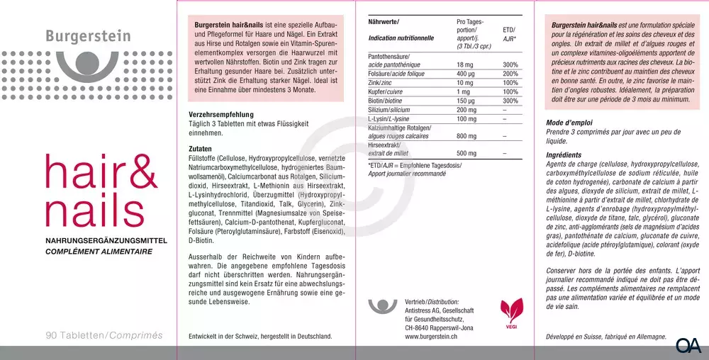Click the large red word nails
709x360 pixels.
coord(91,208)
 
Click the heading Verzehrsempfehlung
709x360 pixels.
coord(220,114)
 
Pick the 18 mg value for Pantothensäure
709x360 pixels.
coord(465,64)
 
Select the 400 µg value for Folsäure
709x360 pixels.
coord(466,74)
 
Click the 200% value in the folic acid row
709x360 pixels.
coord(510,74)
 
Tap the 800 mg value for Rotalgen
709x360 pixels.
coord(467,135)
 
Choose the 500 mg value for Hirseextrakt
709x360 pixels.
coord(467,153)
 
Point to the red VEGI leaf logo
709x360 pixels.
coord(510,312)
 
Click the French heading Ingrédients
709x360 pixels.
coord(564,154)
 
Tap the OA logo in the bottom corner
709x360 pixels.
coord(688,346)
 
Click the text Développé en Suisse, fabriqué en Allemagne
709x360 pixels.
coord(606,335)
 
